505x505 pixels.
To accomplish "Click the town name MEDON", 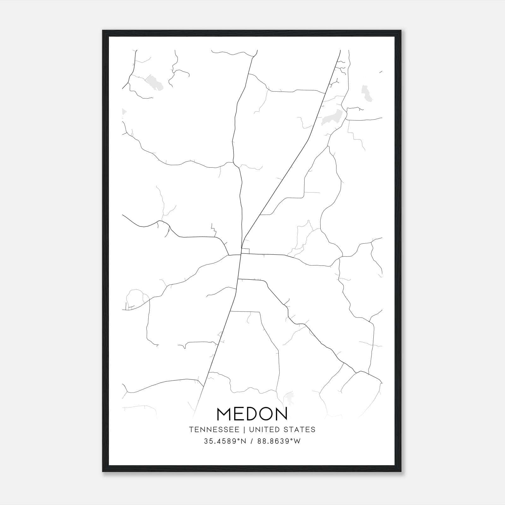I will coord(252,414).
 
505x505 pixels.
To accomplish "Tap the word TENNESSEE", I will coord(216,430).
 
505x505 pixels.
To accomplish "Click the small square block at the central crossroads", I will coord(246,251).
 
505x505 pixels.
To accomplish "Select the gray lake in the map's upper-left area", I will coord(154,83).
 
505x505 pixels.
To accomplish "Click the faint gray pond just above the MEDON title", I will coord(288,398).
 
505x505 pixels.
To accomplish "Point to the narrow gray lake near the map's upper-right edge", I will coord(366,93).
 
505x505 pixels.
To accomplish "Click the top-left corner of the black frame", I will coord(103,31).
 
